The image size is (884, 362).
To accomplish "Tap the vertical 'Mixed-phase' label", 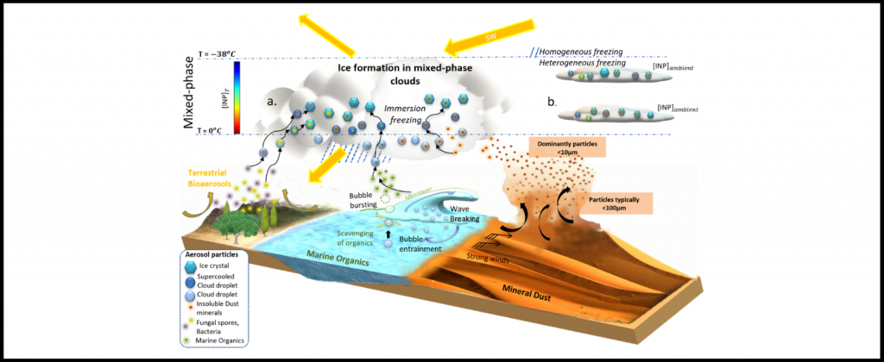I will (x=189, y=90).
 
